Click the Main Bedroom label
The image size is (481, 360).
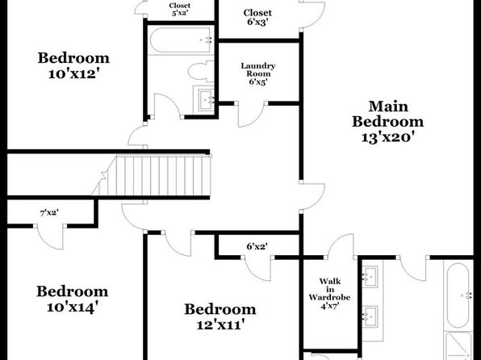387,114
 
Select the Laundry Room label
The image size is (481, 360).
257,69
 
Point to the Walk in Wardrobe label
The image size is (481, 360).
329,289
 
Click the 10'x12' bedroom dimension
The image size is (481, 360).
73,73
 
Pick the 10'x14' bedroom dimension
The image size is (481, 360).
73,307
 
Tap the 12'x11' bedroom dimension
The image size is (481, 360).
220,324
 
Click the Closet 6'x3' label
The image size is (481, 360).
257,17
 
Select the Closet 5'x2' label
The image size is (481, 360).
180,9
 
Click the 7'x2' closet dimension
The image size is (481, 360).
49,212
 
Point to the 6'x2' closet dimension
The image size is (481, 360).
257,246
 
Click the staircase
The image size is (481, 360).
151,175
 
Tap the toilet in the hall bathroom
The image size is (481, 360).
201,72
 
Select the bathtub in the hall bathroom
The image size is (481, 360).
181,40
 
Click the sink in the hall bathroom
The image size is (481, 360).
206,99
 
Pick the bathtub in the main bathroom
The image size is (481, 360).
458,295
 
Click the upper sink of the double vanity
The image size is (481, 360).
370,275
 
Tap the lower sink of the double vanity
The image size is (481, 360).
370,316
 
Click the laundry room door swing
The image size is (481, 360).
250,114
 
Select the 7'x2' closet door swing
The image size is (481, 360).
50,238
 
